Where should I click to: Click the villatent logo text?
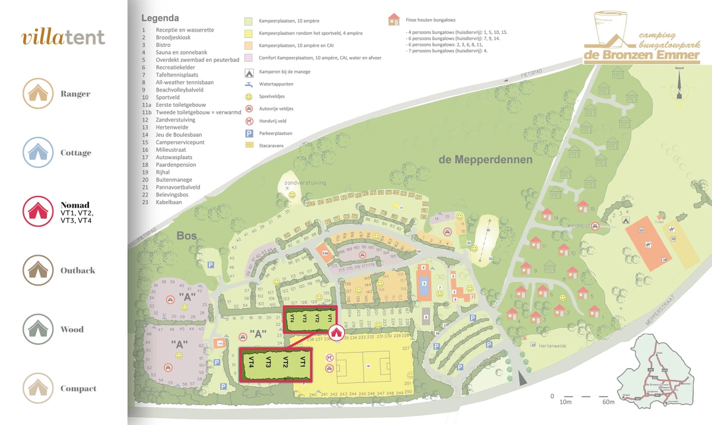pos(63,37)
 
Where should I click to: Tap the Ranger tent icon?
pos(40,94)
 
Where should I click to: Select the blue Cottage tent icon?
pos(40,153)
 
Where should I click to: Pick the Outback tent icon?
pos(40,270)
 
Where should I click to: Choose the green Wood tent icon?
pos(40,329)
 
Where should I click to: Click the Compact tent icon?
pos(40,388)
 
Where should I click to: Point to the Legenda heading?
pos(160,18)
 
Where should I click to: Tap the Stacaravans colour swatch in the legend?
pos(248,145)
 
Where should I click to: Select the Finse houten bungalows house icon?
pos(393,20)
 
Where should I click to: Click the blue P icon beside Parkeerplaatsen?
pos(248,134)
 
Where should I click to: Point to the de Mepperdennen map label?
pos(485,160)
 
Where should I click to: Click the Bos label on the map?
pos(186,236)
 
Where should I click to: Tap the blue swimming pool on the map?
pos(424,284)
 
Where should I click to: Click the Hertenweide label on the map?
pos(549,345)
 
